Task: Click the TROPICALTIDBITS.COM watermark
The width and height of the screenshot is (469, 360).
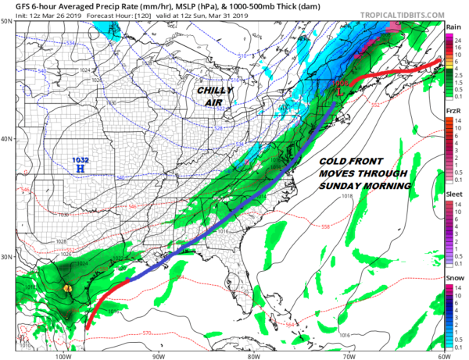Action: [402, 15]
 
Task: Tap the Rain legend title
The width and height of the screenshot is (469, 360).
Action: [453, 28]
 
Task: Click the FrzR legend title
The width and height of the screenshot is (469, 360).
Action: [453, 112]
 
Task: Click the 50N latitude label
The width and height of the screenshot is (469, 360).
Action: [7, 21]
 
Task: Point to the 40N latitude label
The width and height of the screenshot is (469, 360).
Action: [7, 139]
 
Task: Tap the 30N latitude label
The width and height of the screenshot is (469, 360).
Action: [7, 257]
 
